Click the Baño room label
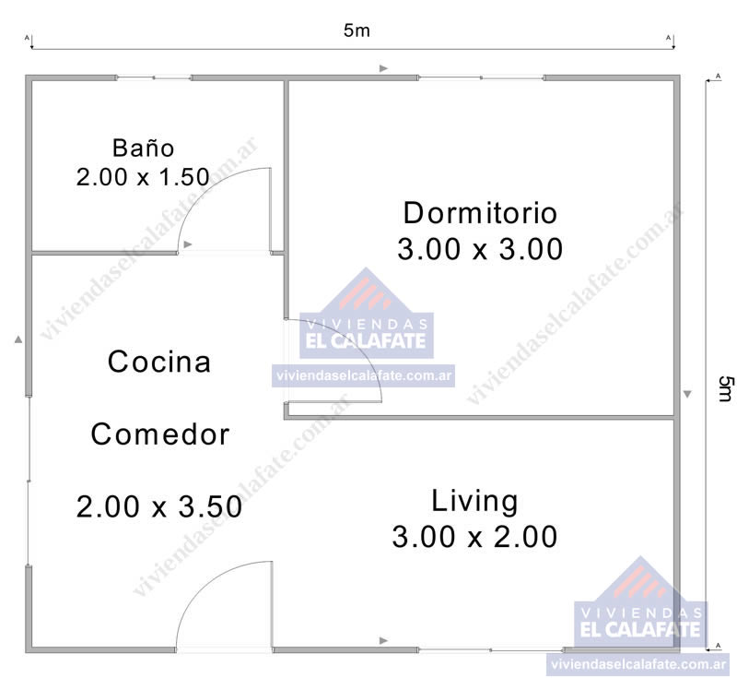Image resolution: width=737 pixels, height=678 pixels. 144,148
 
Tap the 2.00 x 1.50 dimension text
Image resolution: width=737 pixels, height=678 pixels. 143,177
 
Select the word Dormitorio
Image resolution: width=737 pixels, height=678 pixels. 480,213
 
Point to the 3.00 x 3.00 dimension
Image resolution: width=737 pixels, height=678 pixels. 480,249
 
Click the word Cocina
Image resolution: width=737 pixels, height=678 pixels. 159,362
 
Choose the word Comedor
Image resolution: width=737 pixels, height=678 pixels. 159,434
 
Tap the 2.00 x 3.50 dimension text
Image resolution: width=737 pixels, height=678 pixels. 159,506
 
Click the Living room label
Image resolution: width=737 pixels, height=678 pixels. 474,501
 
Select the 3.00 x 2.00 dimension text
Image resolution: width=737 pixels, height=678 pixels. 474,537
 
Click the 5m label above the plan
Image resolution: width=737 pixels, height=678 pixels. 357,30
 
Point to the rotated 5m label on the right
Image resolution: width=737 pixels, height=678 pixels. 725,388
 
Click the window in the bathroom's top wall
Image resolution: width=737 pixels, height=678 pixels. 154,77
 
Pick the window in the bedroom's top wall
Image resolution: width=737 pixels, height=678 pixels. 481,77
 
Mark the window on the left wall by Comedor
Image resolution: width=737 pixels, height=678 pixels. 29,481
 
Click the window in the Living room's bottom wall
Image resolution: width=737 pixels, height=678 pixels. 490,649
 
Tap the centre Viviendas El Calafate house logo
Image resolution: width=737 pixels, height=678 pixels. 366,314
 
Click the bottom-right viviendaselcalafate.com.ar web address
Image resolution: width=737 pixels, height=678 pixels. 638,664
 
